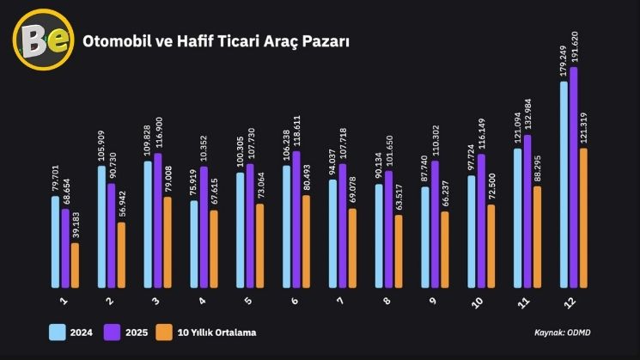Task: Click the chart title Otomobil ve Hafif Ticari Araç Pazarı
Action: (x=215, y=41)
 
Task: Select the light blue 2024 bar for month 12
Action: (x=564, y=185)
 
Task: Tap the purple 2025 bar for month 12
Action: (x=574, y=177)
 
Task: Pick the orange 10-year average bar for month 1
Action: (x=75, y=265)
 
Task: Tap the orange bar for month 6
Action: (x=306, y=241)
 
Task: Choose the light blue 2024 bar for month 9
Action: (x=425, y=237)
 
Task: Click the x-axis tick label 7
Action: (x=342, y=301)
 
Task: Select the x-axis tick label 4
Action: (x=202, y=301)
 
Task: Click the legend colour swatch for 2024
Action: (x=58, y=333)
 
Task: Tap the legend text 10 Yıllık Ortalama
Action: (x=216, y=333)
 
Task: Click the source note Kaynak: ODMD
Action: (x=562, y=332)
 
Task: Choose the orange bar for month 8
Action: (x=398, y=251)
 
